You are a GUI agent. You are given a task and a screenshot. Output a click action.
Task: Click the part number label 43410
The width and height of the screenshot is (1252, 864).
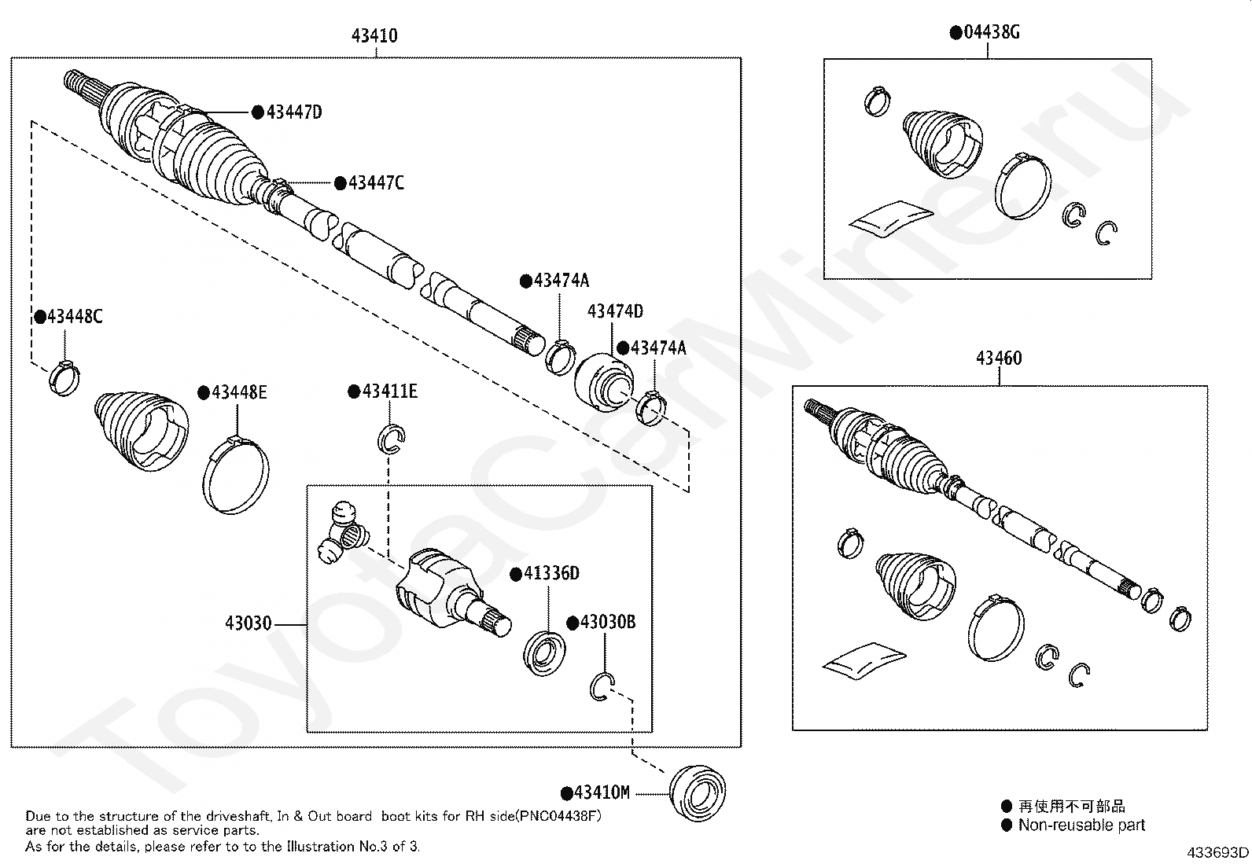tap(374, 35)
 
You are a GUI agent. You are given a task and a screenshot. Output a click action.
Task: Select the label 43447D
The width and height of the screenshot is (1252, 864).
tap(293, 112)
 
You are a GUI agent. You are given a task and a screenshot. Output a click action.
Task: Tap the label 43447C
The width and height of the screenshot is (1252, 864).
tap(376, 183)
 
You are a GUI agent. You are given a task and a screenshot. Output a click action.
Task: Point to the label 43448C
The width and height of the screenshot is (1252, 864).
tap(74, 317)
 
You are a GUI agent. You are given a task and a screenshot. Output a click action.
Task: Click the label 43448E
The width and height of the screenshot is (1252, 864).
tap(238, 392)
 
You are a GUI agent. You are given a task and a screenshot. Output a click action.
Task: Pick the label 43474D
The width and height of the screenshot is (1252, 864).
tap(615, 311)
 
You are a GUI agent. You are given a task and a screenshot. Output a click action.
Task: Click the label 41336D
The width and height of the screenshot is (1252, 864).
tap(551, 573)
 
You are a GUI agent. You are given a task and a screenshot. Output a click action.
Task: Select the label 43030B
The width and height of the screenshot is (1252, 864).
tap(607, 623)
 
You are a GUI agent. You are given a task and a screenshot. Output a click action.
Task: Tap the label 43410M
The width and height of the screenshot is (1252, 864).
tap(602, 792)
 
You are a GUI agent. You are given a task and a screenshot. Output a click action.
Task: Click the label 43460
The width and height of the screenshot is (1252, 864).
tap(999, 358)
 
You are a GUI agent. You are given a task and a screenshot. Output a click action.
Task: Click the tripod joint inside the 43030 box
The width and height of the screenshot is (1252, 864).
tap(342, 533)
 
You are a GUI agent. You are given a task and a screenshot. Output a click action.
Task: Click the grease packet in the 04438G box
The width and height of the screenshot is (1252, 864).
tap(890, 216)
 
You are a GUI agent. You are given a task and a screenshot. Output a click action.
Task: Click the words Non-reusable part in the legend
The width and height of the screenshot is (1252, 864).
tap(1081, 825)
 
